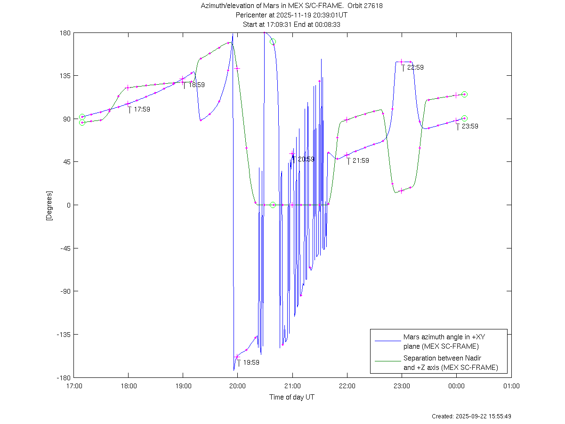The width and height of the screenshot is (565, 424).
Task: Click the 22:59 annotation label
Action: [415, 67]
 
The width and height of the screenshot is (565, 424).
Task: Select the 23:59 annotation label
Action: [470, 126]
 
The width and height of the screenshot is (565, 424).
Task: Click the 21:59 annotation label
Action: [361, 160]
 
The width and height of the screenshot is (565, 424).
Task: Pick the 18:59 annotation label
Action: [197, 85]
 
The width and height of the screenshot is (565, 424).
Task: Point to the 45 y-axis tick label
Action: [66, 162]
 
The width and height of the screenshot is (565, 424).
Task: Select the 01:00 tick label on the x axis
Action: [511, 386]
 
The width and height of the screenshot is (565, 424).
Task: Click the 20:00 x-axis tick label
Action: [237, 386]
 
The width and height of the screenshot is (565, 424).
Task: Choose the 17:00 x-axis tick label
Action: [73, 386]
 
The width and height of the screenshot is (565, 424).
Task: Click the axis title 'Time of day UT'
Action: [292, 397]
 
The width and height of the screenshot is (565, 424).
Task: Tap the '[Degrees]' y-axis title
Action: [48, 205]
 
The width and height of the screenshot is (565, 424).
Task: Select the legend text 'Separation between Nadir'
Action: [442, 358]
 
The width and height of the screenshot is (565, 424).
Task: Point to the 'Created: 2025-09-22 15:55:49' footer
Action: [472, 416]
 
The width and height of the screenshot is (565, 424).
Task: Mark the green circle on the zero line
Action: [273, 205]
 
